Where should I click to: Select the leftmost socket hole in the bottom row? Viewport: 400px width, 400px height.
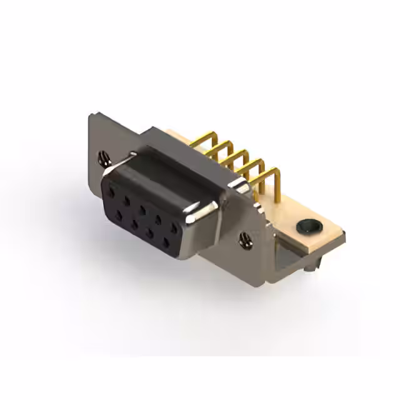pos(119,214)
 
